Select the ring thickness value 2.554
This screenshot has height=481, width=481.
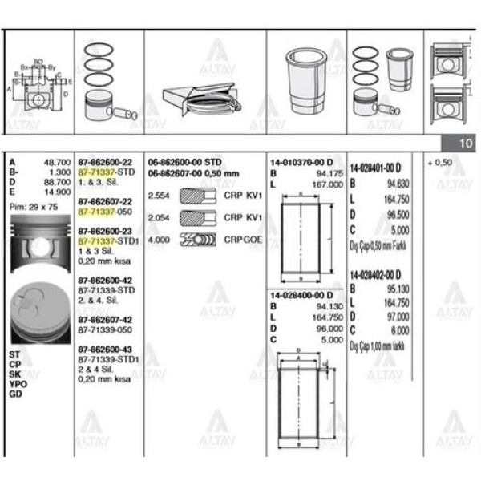click(160, 196)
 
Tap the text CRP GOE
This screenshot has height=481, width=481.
click(240, 239)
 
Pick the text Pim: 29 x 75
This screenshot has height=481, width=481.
click(34, 206)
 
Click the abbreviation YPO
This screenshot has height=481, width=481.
click(18, 383)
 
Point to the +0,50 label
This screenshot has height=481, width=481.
click(441, 162)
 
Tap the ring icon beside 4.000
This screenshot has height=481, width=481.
click(199, 239)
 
